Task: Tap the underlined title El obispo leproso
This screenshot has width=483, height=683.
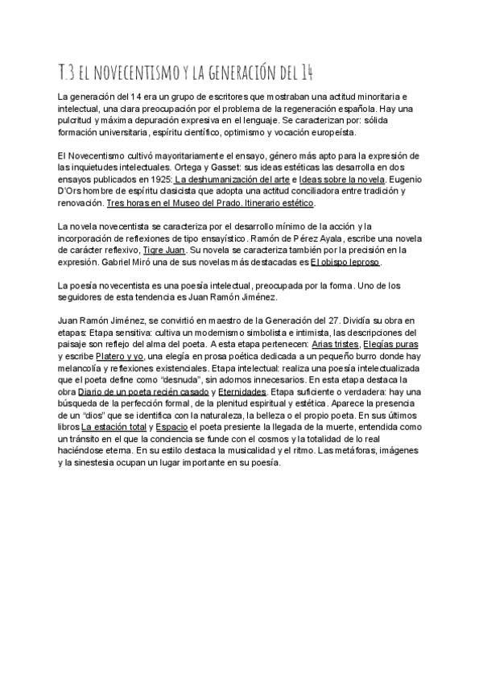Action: pos(345,262)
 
